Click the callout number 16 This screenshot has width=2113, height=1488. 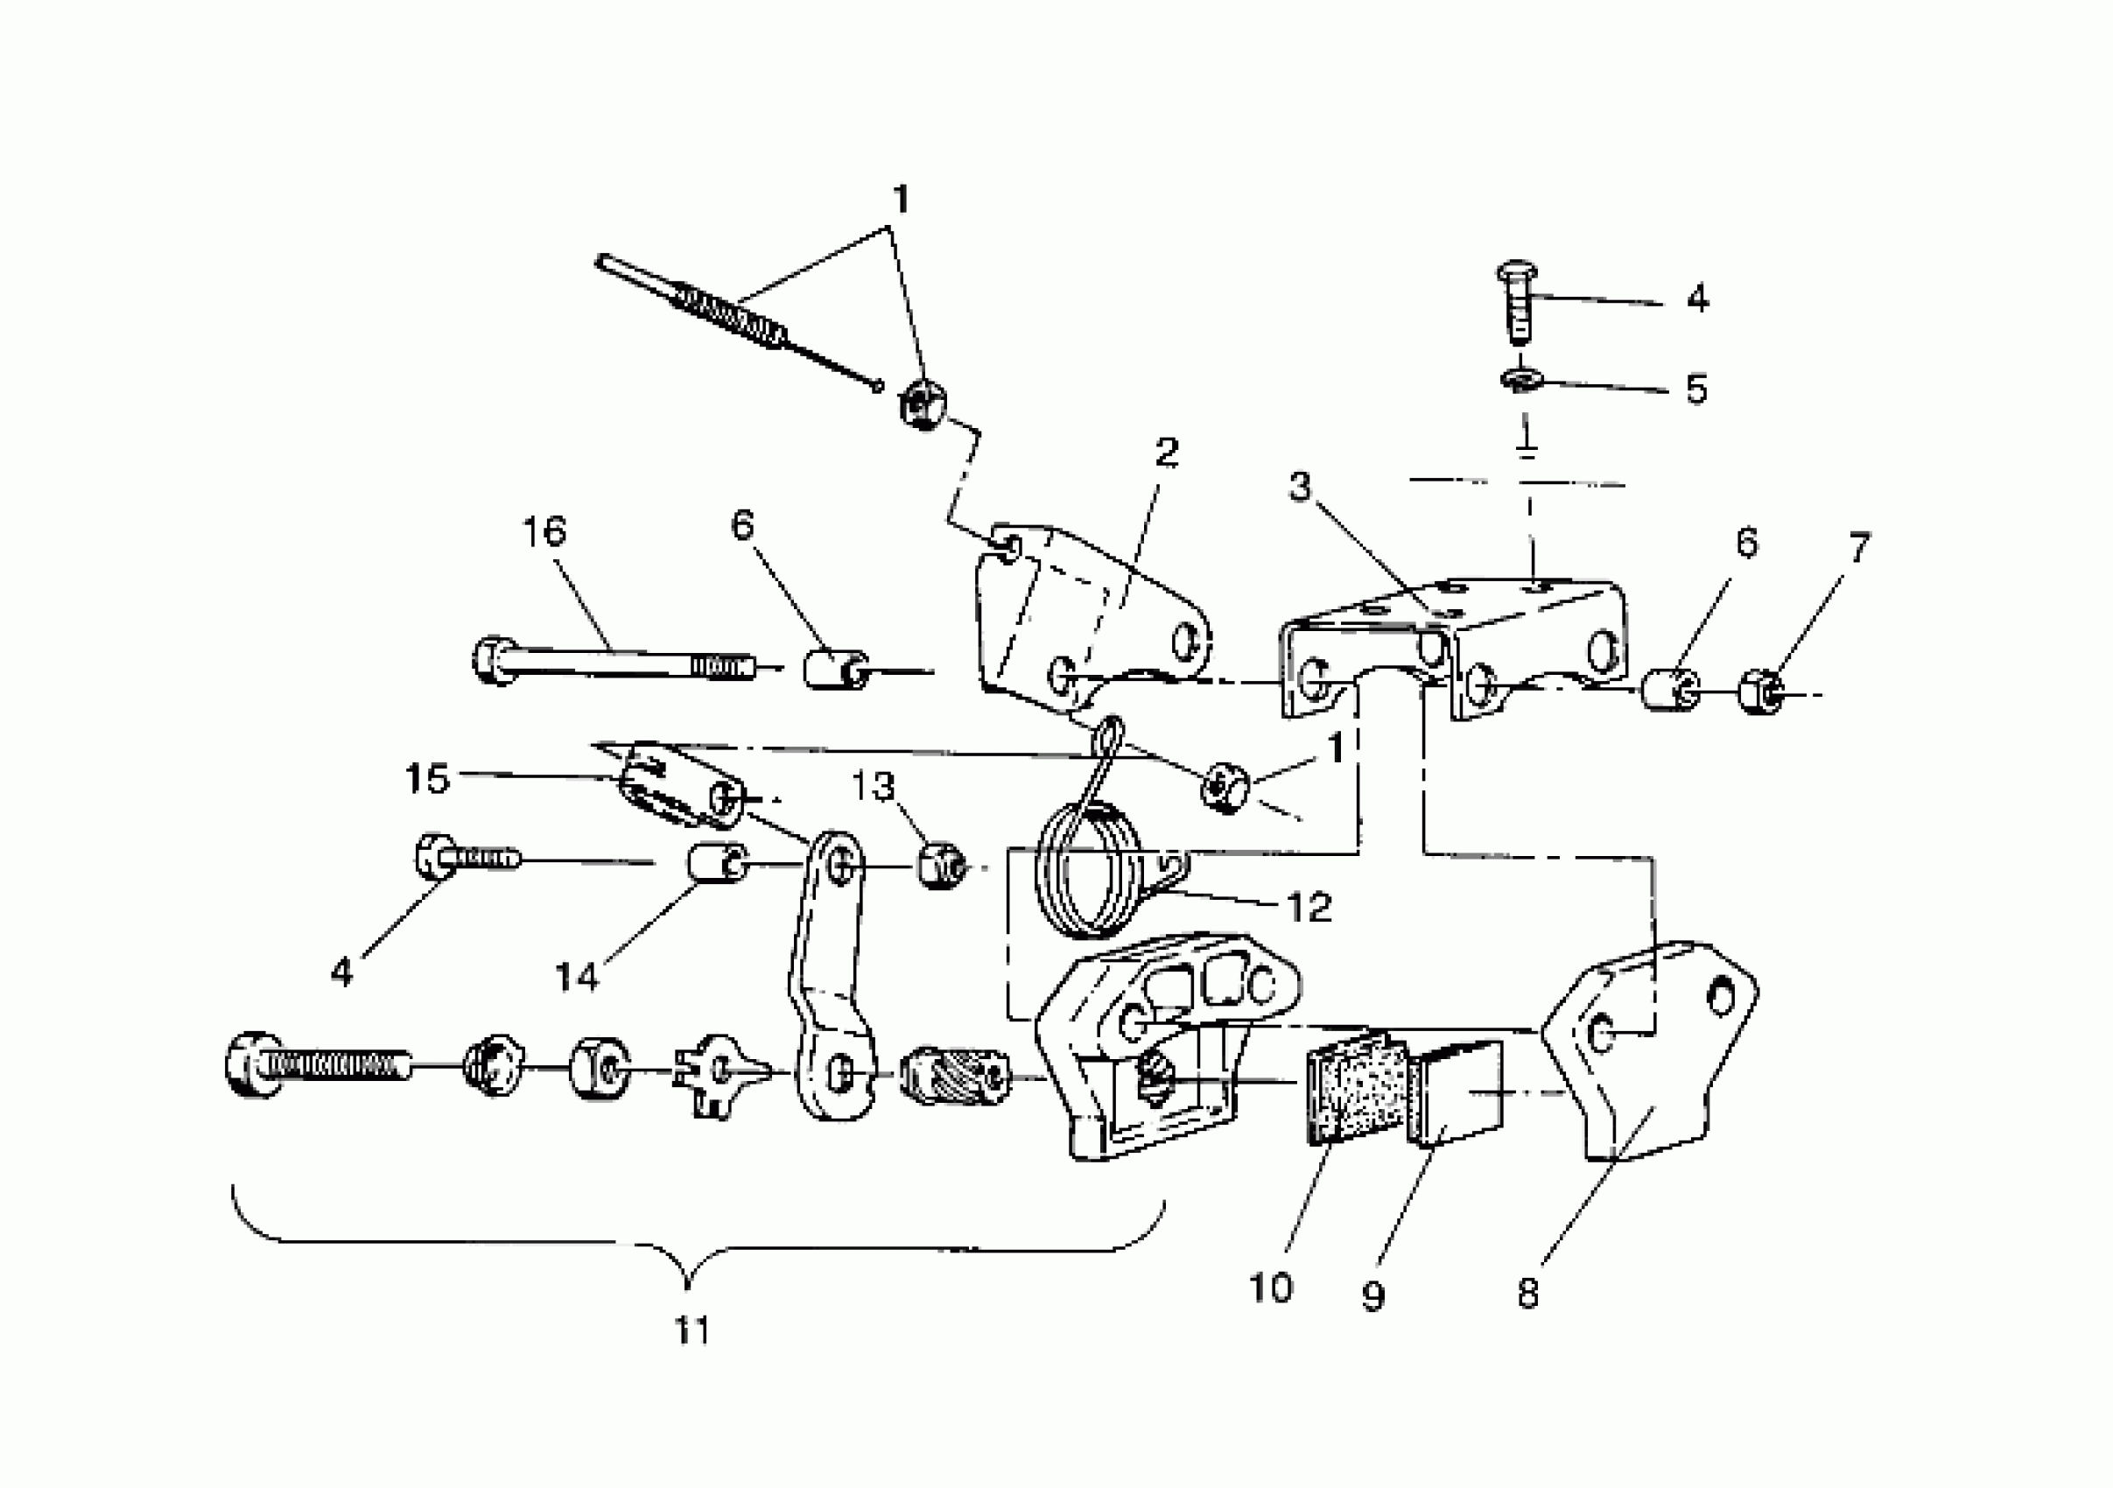tap(544, 532)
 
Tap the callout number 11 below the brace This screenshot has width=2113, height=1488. tap(692, 1330)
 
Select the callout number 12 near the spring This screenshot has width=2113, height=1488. tap(1309, 909)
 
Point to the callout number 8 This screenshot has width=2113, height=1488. tap(1527, 1294)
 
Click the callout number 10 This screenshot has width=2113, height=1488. tap(1270, 1288)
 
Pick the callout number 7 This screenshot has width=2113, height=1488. tap(1859, 549)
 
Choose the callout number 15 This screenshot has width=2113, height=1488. tap(427, 778)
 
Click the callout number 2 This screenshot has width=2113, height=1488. tap(1167, 453)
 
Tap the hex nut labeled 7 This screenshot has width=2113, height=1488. tap(1760, 694)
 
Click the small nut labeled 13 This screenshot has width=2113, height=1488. tap(942, 867)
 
